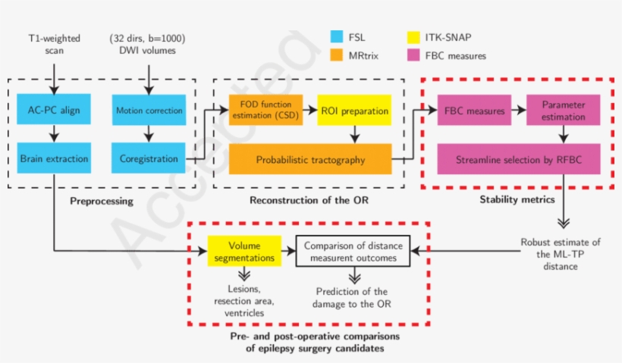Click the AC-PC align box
pos(54,110)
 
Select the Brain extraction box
pos(54,159)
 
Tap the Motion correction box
pos(149,110)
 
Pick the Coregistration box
pos(149,159)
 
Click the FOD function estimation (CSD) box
pos(265,110)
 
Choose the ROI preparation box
pos(353,110)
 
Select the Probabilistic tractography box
pos(309,159)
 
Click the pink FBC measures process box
pos(474,111)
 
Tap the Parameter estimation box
pos(563,111)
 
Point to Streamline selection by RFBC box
pos(519,159)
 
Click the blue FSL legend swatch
pos(339,36)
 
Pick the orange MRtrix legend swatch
pos(339,55)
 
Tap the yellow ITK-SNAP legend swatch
pos(415,36)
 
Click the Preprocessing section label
pos(102,202)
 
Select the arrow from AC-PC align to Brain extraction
pos(54,135)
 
